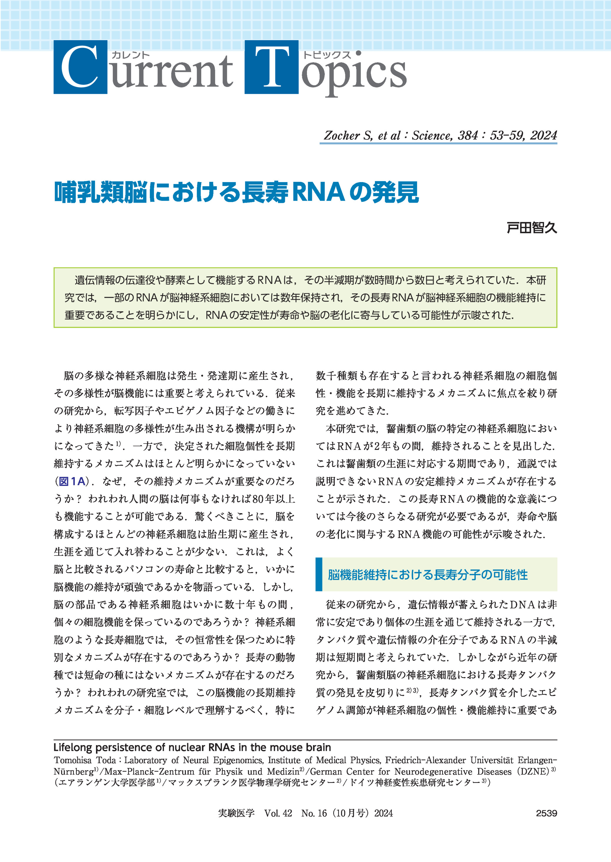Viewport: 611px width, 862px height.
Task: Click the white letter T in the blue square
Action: (271, 67)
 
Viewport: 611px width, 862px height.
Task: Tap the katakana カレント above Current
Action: (131, 55)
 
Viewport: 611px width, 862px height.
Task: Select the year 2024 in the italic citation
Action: (543, 135)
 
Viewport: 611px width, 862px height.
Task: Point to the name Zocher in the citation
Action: (342, 135)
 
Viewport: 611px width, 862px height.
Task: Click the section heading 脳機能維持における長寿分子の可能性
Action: (428, 574)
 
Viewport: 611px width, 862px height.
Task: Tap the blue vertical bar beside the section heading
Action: (319, 574)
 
